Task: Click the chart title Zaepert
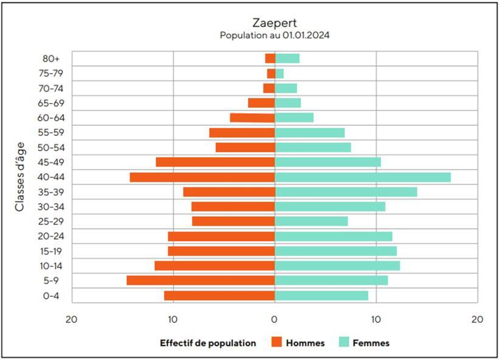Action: point(274,24)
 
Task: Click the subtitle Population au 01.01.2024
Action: point(274,35)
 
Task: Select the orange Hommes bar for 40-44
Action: point(202,177)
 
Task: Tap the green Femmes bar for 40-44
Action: point(363,177)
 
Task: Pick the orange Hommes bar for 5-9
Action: point(201,280)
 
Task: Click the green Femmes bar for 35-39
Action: point(346,192)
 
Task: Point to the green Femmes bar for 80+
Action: point(287,58)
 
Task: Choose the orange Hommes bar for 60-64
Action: point(252,118)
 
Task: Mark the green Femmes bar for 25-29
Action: point(311,221)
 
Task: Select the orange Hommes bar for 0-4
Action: point(219,295)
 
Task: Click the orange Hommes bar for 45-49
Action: point(215,162)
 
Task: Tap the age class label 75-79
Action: point(51,74)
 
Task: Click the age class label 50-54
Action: point(51,147)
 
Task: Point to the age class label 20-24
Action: point(51,236)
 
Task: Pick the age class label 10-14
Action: point(51,266)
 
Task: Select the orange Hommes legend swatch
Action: point(277,343)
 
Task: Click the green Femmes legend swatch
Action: point(343,343)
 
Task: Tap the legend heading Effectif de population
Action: point(208,343)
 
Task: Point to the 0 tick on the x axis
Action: point(274,319)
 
